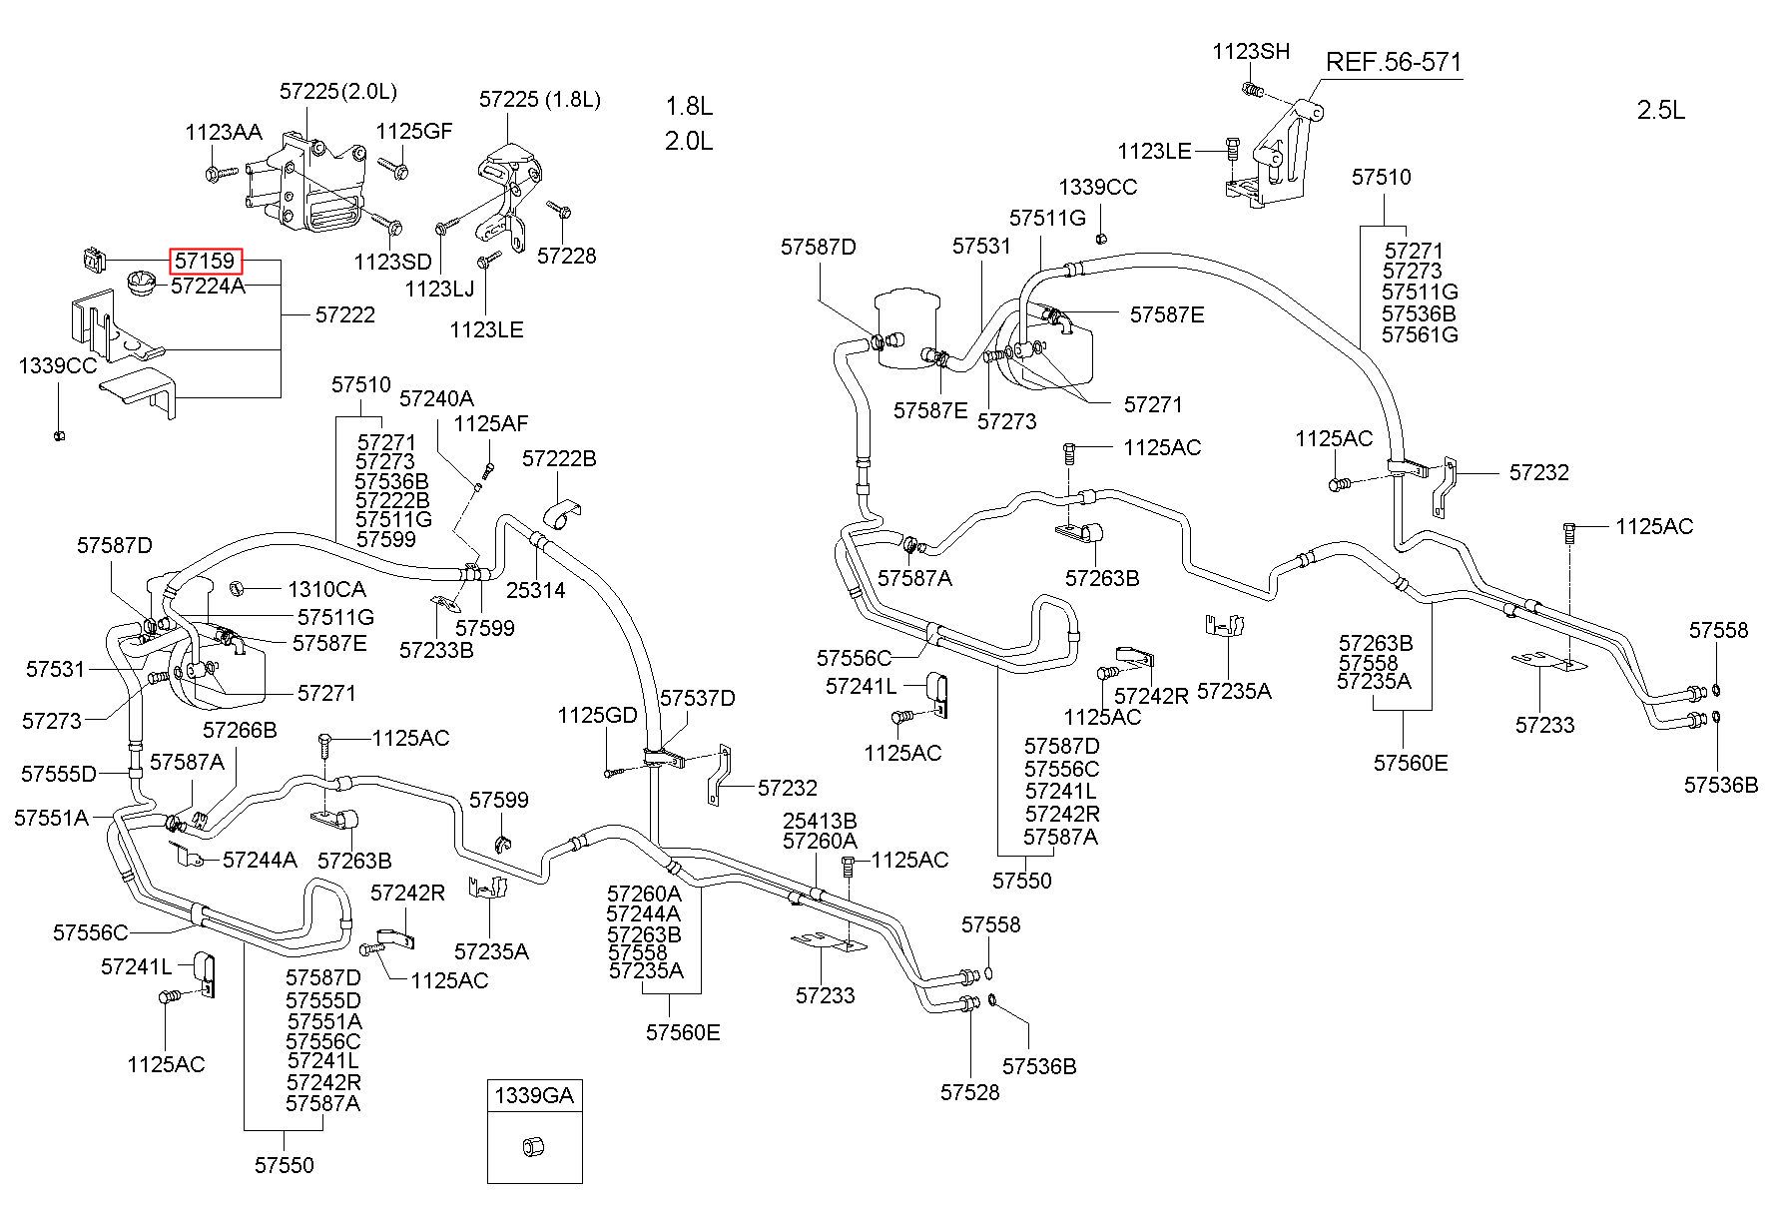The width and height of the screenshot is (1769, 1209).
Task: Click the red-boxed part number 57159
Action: click(x=206, y=262)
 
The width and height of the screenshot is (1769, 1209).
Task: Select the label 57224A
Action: click(x=208, y=287)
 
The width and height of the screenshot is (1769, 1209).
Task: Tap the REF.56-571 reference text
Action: click(x=1394, y=62)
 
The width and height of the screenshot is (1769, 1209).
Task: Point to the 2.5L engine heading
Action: click(x=1661, y=110)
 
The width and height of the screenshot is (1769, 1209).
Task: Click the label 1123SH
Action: click(x=1251, y=52)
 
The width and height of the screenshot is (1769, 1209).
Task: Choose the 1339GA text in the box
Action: click(x=534, y=1095)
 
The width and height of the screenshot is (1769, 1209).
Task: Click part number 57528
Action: click(x=969, y=1092)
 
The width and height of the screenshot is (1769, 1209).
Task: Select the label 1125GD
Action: click(x=597, y=715)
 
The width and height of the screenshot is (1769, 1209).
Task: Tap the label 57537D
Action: click(x=698, y=698)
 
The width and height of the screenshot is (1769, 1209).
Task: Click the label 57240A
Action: click(x=436, y=398)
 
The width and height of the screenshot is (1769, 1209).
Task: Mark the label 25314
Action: click(x=535, y=590)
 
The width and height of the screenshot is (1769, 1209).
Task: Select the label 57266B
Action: click(x=240, y=730)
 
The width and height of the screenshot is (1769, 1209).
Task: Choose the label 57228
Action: click(x=566, y=256)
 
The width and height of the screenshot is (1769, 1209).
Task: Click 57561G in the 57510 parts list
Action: click(x=1420, y=334)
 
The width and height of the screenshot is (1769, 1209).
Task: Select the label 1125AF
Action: click(x=490, y=423)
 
